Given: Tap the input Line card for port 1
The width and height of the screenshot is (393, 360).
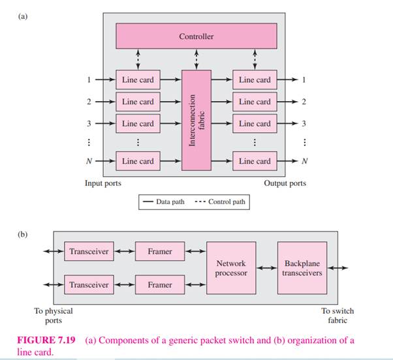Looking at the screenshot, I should pyautogui.click(x=138, y=80).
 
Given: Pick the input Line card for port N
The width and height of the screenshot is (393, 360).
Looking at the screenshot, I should pyautogui.click(x=138, y=161).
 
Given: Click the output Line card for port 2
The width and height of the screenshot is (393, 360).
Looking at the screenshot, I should pyautogui.click(x=255, y=102).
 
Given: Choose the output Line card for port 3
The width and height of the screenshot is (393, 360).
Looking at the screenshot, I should pyautogui.click(x=255, y=123).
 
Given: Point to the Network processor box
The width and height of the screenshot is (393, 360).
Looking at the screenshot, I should pyautogui.click(x=232, y=268).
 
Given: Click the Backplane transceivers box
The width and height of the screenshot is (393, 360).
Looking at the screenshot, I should pyautogui.click(x=302, y=268).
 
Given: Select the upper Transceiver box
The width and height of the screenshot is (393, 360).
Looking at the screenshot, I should pyautogui.click(x=89, y=251).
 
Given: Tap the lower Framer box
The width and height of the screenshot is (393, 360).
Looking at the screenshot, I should pyautogui.click(x=160, y=285).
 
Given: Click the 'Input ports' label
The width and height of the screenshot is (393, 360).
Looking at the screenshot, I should pyautogui.click(x=103, y=183).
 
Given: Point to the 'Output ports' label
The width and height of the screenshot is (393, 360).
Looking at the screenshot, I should pyautogui.click(x=285, y=183).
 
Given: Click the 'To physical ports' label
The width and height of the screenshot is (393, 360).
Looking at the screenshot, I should pyautogui.click(x=54, y=316).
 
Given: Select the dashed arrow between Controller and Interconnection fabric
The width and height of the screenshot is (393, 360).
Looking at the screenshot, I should pyautogui.click(x=196, y=59).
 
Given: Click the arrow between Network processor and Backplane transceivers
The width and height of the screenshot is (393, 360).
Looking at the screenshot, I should pyautogui.click(x=267, y=268).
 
